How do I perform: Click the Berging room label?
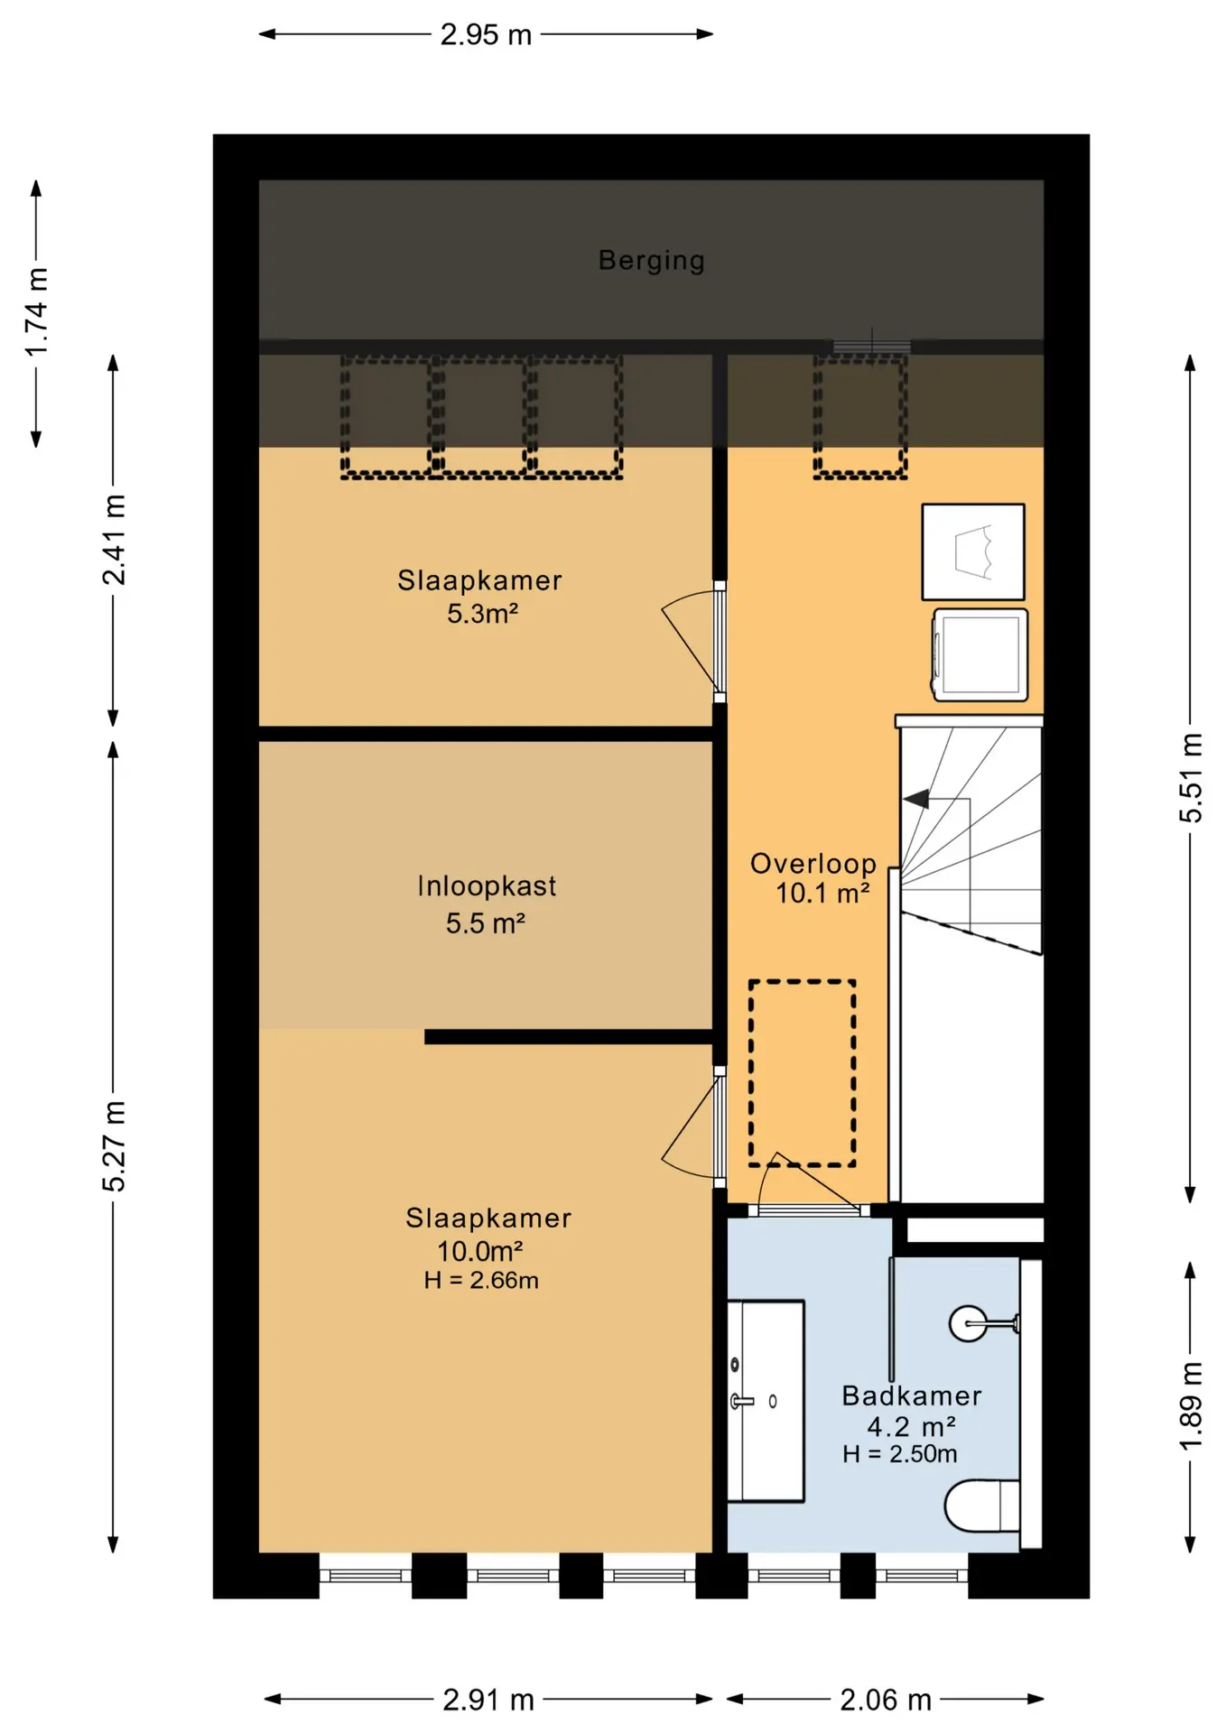[651, 261]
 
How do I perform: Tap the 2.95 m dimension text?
[487, 34]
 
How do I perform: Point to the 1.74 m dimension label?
[36, 312]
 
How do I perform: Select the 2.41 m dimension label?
[114, 540]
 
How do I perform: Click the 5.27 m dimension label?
[114, 1146]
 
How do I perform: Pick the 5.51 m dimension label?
[1191, 778]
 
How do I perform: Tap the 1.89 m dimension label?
[1191, 1405]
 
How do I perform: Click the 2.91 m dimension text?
[488, 1701]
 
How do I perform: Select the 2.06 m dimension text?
[886, 1701]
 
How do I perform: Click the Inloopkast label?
[487, 886]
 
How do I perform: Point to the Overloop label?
[813, 864]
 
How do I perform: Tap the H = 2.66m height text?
[481, 1281]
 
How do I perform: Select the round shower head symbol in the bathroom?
[968, 1324]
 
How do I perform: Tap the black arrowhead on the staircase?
[916, 799]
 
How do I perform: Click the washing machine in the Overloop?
[980, 655]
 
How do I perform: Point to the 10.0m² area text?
[480, 1252]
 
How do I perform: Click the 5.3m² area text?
[482, 614]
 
